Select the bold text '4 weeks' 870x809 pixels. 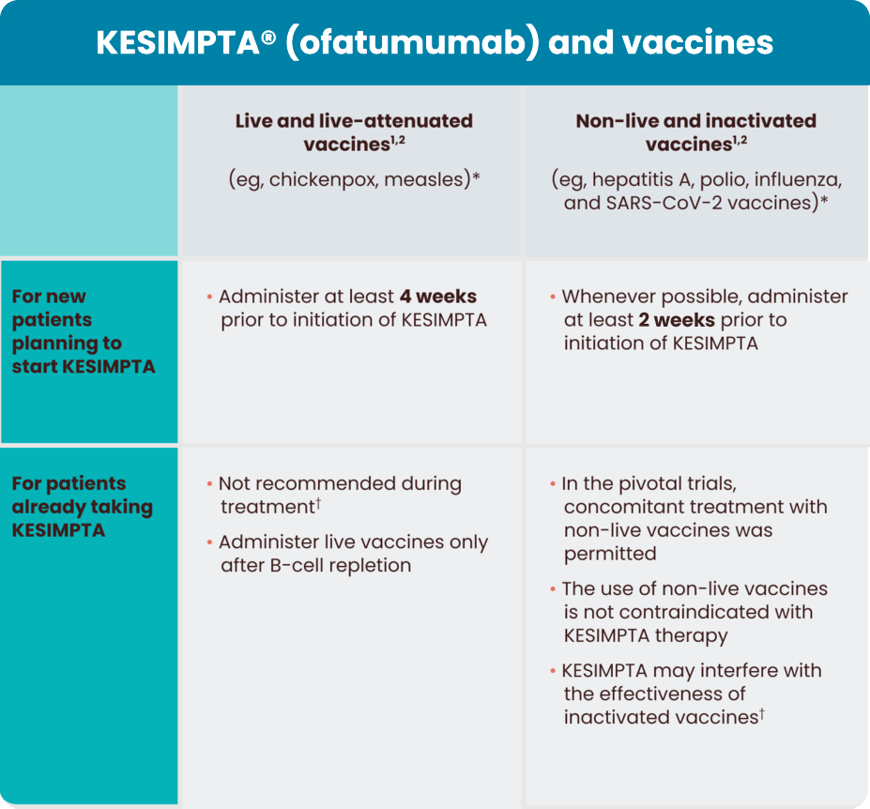[x=437, y=297]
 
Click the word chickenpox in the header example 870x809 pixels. [x=316, y=179]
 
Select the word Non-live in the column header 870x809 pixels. [x=614, y=121]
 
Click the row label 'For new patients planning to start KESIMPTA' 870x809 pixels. [x=82, y=331]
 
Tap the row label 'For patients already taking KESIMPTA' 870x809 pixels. [x=82, y=507]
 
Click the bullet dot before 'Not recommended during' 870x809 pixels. [x=208, y=485]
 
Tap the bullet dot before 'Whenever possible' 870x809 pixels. [x=552, y=298]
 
